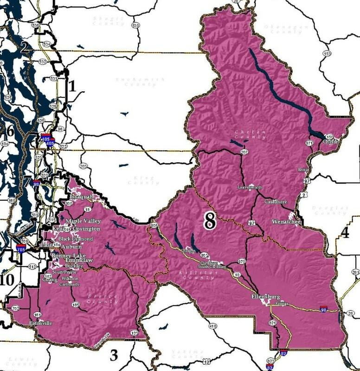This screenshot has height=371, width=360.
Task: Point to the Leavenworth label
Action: tap(250, 187)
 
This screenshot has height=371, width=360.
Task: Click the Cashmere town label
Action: tap(276, 202)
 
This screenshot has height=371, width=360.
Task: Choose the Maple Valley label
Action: tap(83, 221)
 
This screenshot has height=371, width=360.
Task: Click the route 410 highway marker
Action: tap(213, 326)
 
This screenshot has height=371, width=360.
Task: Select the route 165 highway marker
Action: tap(76, 304)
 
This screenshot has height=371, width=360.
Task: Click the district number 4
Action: tap(345, 232)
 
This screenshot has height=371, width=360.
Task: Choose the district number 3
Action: tap(113, 355)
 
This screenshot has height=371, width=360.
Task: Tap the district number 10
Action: tap(6, 280)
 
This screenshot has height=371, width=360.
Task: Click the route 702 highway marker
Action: tap(15, 308)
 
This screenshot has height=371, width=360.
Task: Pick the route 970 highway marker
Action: tap(242, 262)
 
